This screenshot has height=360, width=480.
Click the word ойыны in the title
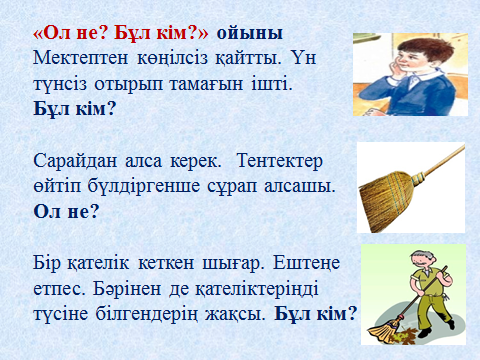[x=250, y=34]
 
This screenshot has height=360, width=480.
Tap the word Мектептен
[x=80, y=58]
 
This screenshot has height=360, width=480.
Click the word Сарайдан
[x=75, y=161]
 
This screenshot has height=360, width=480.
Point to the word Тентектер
[x=280, y=161]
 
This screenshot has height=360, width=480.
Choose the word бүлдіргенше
[x=144, y=187]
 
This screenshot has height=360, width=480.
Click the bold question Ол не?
[x=66, y=211]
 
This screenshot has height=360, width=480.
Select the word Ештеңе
[x=306, y=264]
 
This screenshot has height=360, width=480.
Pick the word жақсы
[x=235, y=314]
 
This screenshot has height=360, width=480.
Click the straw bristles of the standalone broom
[x=386, y=201]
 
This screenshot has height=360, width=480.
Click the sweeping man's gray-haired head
[x=418, y=258]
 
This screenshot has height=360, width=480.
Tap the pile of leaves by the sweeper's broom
[x=404, y=335]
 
